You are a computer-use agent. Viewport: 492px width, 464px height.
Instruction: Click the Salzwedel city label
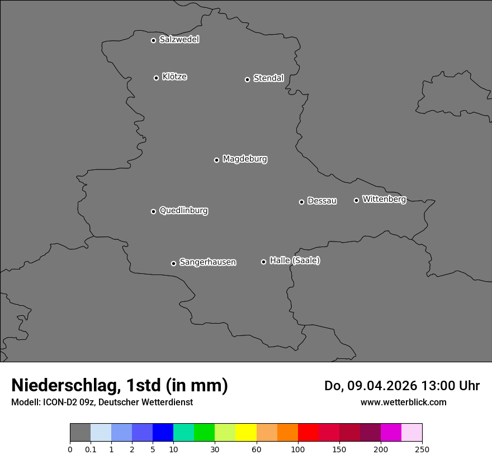click(179, 40)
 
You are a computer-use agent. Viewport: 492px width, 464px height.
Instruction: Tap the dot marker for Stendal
click(247, 79)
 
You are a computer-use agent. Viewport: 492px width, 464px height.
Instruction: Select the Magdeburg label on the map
click(245, 159)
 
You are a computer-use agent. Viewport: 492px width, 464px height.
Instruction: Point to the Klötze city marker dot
click(156, 78)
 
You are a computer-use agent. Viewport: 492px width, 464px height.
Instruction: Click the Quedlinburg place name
click(183, 211)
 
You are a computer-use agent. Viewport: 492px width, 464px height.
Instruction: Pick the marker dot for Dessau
click(301, 202)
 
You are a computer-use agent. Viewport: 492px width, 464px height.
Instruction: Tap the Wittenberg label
click(384, 199)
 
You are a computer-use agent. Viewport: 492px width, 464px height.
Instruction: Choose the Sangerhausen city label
click(207, 262)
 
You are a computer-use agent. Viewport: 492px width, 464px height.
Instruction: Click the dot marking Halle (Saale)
click(263, 262)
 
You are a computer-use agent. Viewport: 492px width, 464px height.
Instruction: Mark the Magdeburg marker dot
click(216, 160)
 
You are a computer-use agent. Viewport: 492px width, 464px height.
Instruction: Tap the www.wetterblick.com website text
click(403, 402)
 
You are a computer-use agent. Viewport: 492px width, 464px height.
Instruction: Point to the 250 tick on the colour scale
click(422, 449)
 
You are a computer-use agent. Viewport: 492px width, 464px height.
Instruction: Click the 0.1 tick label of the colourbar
click(91, 449)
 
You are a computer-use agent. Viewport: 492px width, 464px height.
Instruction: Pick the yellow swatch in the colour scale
click(246, 433)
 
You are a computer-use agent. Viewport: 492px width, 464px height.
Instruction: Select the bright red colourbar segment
click(308, 433)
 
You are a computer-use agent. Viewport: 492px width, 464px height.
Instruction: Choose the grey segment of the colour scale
click(80, 433)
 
